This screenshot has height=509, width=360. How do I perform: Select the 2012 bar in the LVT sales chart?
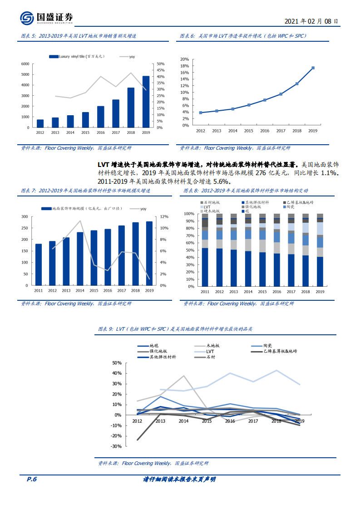click(40, 123)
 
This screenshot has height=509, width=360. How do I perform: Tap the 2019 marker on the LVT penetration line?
click(313, 68)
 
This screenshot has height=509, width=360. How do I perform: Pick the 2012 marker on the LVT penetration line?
click(201, 113)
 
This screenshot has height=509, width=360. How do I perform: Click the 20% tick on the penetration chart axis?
click(184, 59)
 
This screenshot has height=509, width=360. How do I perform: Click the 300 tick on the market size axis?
click(25, 216)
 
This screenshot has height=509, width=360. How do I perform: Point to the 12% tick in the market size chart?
click(164, 216)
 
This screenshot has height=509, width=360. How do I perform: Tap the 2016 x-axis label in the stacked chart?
click(277, 291)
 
